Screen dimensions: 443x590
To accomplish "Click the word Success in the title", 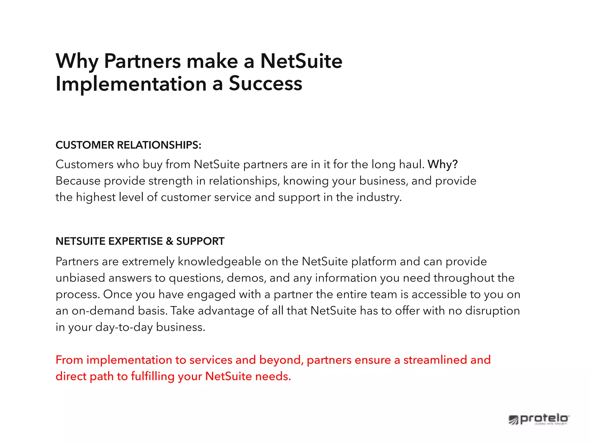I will [x=265, y=84].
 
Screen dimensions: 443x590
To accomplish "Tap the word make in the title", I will [x=212, y=61].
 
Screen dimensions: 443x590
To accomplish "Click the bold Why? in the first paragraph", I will [x=442, y=164].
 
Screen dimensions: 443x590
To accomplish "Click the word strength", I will [x=171, y=181].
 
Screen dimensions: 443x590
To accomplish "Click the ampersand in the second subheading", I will [x=170, y=241].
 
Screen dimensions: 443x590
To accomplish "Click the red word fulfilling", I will [x=153, y=377].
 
